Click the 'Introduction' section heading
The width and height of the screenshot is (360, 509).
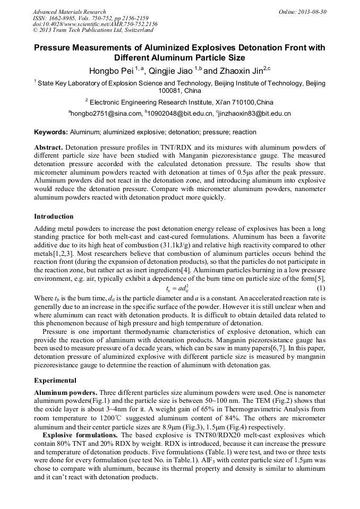pos(54,217)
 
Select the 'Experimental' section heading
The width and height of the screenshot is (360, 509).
pos(55,381)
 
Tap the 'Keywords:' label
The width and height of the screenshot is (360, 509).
pos(51,132)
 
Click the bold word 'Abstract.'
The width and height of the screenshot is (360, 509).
pos(49,148)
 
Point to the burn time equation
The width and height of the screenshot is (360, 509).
pos(179,288)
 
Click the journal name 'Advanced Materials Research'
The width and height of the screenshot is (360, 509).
pos(69,12)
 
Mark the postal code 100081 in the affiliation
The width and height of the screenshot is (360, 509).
pos(170,91)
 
